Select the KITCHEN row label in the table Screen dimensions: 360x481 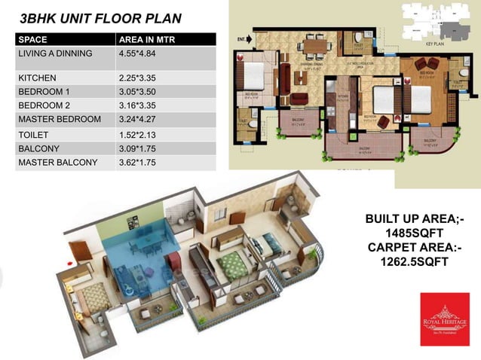coord(37,78)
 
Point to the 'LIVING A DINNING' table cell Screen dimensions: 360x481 coord(55,54)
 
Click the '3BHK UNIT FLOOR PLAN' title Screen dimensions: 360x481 coord(100,17)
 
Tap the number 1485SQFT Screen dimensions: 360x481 coord(414,233)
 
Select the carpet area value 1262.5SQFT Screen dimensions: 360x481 coord(414,262)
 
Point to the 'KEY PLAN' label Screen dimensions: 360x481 coord(438,44)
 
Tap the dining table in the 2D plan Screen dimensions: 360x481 coord(315,47)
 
